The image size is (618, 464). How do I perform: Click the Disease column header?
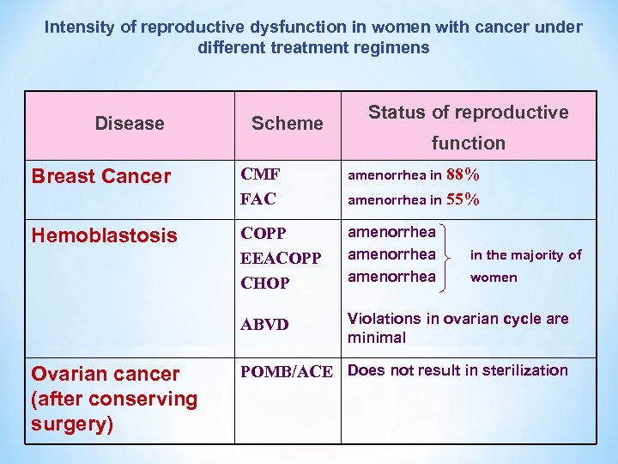pyautogui.click(x=129, y=124)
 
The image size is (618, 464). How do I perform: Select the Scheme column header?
pyautogui.click(x=287, y=124)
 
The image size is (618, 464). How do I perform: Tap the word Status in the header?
pyautogui.click(x=399, y=113)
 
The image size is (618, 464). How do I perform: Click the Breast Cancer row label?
pyautogui.click(x=101, y=177)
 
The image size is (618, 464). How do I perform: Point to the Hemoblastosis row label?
pyautogui.click(x=104, y=235)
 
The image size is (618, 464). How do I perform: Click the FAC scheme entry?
pyautogui.click(x=257, y=199)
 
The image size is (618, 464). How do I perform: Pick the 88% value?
pyautogui.click(x=463, y=175)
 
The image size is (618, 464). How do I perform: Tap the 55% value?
pyautogui.click(x=463, y=199)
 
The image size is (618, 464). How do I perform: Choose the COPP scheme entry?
pyautogui.click(x=264, y=234)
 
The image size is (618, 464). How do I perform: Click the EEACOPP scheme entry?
pyautogui.click(x=281, y=258)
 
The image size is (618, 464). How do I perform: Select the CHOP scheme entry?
pyautogui.click(x=265, y=283)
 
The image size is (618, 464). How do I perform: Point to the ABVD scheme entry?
pyautogui.click(x=264, y=325)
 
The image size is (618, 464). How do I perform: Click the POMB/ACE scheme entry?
pyautogui.click(x=286, y=371)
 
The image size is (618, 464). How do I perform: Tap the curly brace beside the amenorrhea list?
pyautogui.click(x=451, y=254)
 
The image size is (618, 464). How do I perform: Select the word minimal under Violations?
pyautogui.click(x=377, y=338)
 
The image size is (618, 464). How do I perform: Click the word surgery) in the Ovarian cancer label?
pyautogui.click(x=72, y=424)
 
